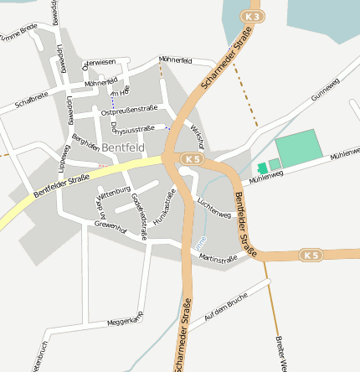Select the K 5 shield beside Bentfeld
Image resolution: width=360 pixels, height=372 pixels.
(x=193, y=158)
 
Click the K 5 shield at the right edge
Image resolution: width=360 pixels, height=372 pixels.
(x=311, y=254)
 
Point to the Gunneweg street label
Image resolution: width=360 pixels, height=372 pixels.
(x=326, y=90)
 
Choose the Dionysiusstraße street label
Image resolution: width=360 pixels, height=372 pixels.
(x=133, y=130)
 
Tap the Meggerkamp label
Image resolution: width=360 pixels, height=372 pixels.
(x=126, y=319)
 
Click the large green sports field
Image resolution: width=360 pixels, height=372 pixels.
(x=298, y=147)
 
